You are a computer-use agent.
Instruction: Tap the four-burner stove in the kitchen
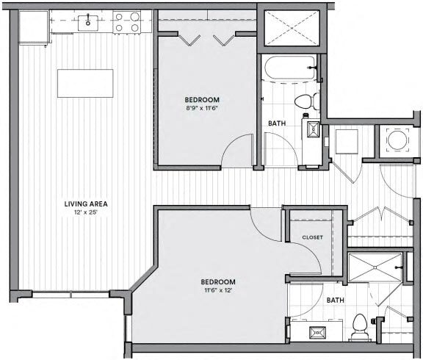click(129, 24)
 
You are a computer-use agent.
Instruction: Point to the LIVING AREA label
click(83, 204)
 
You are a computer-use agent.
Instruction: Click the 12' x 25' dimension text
click(83, 214)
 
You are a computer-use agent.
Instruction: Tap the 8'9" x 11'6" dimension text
click(200, 108)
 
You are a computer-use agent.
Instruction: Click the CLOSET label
click(313, 237)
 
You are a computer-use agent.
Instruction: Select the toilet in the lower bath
click(360, 323)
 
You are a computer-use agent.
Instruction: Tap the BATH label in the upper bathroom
click(278, 123)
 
